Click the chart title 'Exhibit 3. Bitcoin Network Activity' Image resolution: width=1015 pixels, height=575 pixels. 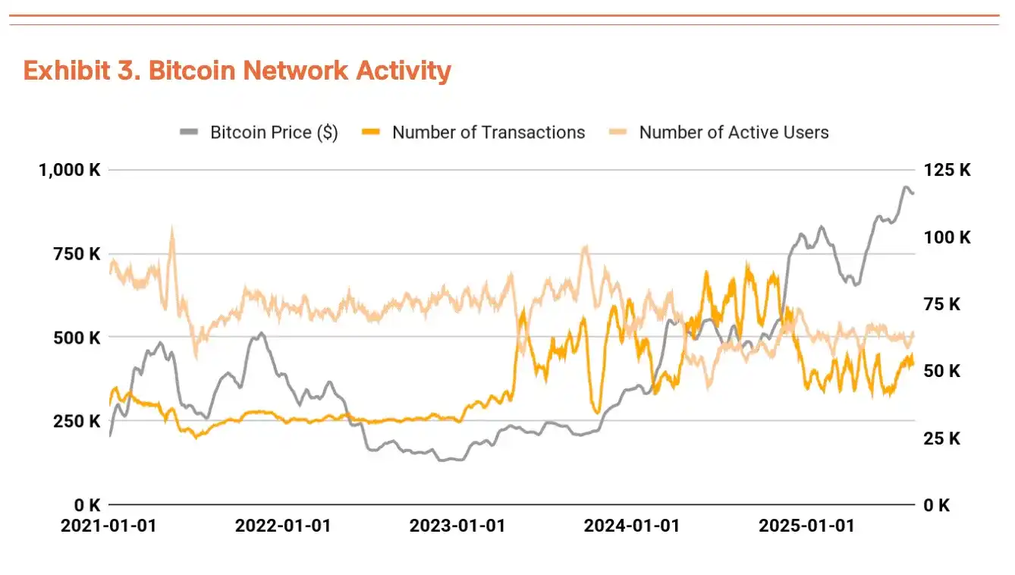point(237,71)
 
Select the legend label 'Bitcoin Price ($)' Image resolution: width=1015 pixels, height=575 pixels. point(274,133)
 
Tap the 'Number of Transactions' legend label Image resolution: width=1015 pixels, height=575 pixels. point(489,133)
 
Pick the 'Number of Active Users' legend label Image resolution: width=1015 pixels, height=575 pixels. point(734,133)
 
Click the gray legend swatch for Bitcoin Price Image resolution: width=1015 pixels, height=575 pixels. point(189,133)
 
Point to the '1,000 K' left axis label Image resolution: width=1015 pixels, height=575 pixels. point(70,170)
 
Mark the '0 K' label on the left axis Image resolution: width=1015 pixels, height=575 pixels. point(88,504)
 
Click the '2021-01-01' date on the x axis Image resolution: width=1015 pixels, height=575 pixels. point(108,526)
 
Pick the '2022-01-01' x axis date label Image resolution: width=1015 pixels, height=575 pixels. point(283,526)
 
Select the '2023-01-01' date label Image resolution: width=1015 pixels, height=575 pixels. point(457,526)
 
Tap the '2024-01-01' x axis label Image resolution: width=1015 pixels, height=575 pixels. point(632,526)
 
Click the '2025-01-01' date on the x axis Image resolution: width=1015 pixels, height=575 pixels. point(806,526)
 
